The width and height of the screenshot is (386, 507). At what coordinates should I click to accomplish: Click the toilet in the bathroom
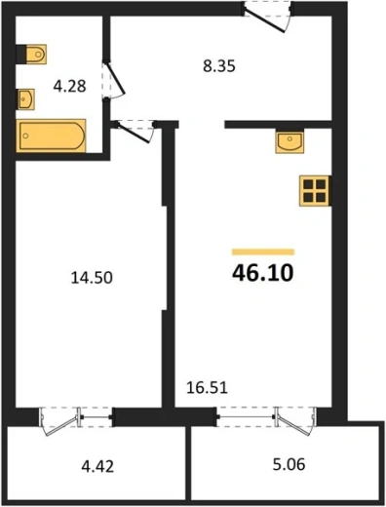pos(36,54)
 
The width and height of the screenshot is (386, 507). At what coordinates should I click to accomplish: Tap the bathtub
pos(52,136)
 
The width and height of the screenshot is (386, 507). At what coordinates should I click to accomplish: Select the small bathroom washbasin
pos(26,99)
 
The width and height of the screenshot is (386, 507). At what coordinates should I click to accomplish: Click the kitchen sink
pos(289,141)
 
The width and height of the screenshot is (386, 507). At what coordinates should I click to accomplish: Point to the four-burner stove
pos(314,191)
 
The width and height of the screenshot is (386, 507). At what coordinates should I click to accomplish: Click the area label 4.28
pos(69,87)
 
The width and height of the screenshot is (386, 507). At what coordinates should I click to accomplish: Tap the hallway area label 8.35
pos(219,66)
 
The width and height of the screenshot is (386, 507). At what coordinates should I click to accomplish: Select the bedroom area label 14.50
pos(92,278)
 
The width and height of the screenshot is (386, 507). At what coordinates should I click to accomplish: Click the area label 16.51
pos(207,388)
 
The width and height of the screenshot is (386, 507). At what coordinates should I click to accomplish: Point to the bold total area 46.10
pos(263,273)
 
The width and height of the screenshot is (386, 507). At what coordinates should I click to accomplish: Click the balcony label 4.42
pos(97,467)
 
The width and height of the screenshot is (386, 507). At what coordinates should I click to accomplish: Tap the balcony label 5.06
pos(289,464)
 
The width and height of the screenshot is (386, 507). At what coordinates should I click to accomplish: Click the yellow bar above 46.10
pos(263,252)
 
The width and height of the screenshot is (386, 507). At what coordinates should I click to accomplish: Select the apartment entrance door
pos(267,17)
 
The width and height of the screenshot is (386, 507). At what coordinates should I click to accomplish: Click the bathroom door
pos(114,80)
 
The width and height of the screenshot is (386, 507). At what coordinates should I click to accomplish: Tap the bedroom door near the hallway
pos(135,131)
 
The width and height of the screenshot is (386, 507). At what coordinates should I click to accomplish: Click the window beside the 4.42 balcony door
pos(96,417)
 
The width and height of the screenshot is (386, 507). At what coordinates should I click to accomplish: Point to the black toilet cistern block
pos(20,54)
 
